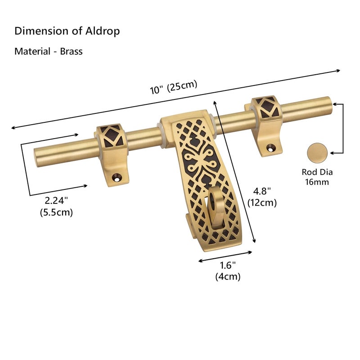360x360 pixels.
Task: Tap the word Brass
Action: click(x=71, y=51)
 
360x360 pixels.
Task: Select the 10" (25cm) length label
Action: click(x=174, y=87)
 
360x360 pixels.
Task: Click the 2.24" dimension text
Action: click(x=56, y=200)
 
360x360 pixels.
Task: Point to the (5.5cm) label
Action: click(x=56, y=212)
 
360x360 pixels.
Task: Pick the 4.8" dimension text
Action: click(x=262, y=191)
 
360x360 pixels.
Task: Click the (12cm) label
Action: click(x=262, y=202)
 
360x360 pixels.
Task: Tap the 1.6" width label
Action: click(x=228, y=265)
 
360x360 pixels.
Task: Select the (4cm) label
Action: click(x=228, y=276)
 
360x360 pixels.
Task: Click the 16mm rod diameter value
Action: click(x=317, y=182)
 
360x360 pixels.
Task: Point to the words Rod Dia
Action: click(x=317, y=172)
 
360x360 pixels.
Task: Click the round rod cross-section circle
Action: click(x=317, y=153)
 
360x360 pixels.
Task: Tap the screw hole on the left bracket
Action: click(x=117, y=177)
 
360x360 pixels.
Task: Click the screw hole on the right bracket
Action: click(x=271, y=148)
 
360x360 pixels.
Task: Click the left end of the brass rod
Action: click(x=36, y=157)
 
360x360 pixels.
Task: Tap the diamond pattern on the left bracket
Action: click(x=112, y=137)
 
